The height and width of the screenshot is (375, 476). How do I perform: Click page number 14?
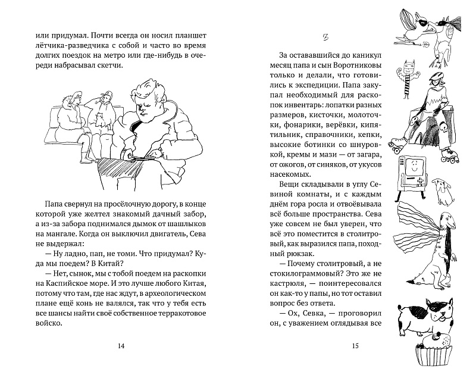click(x=122, y=346)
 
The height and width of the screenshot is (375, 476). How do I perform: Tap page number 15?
click(x=353, y=346)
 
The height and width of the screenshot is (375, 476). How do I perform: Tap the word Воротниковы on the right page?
click(x=346, y=67)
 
